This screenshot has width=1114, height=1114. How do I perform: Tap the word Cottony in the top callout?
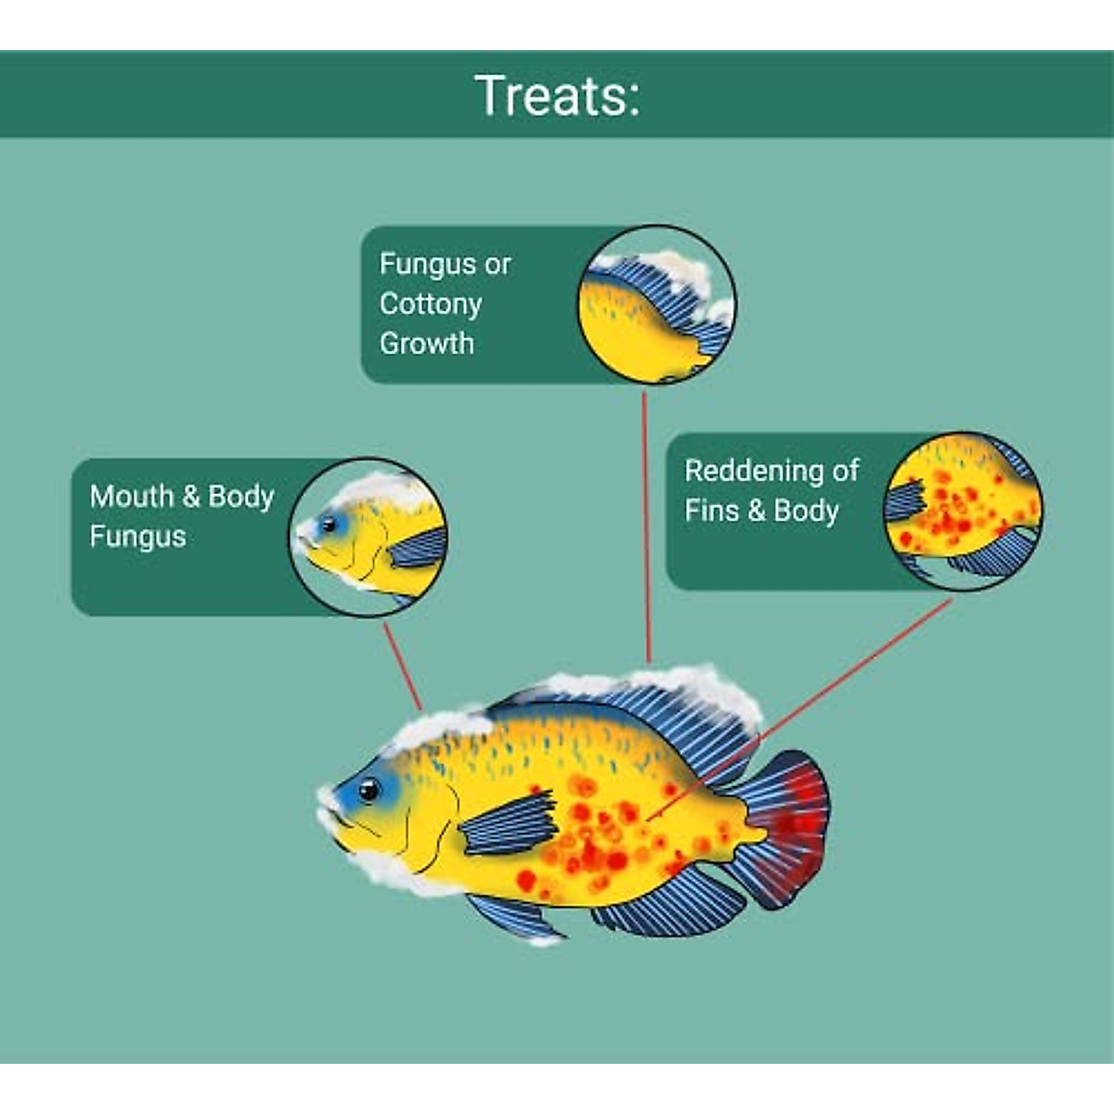430,304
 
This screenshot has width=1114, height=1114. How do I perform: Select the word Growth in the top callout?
426,343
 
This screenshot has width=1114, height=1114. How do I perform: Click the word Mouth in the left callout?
131,496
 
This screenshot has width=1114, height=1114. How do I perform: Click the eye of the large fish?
369,790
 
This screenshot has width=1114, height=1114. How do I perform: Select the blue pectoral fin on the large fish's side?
509,823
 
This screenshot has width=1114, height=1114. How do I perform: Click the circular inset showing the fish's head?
369,538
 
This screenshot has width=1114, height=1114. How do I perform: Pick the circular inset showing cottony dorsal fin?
656,304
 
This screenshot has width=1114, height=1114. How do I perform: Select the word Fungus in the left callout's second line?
137,537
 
